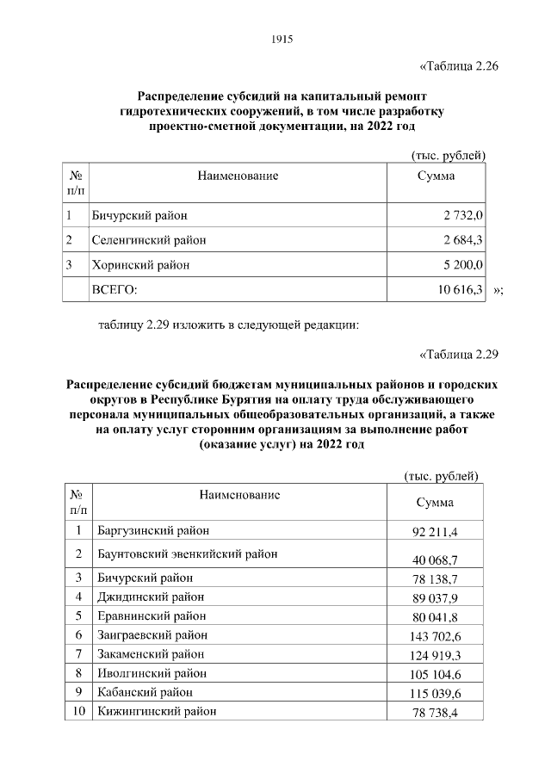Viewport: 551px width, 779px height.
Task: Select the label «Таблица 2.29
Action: [457, 353]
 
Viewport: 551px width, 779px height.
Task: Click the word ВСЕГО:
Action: [115, 290]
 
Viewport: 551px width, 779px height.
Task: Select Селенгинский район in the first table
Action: [148, 240]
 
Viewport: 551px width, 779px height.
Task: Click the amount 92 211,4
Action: [435, 532]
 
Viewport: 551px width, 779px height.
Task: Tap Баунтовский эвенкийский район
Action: [187, 553]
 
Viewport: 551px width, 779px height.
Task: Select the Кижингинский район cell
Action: [157, 711]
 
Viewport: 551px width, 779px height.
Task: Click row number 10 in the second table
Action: [78, 711]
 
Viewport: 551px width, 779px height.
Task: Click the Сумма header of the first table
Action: [436, 176]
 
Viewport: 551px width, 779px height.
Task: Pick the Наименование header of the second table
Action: [239, 495]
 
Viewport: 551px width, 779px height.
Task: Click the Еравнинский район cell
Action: [152, 615]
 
